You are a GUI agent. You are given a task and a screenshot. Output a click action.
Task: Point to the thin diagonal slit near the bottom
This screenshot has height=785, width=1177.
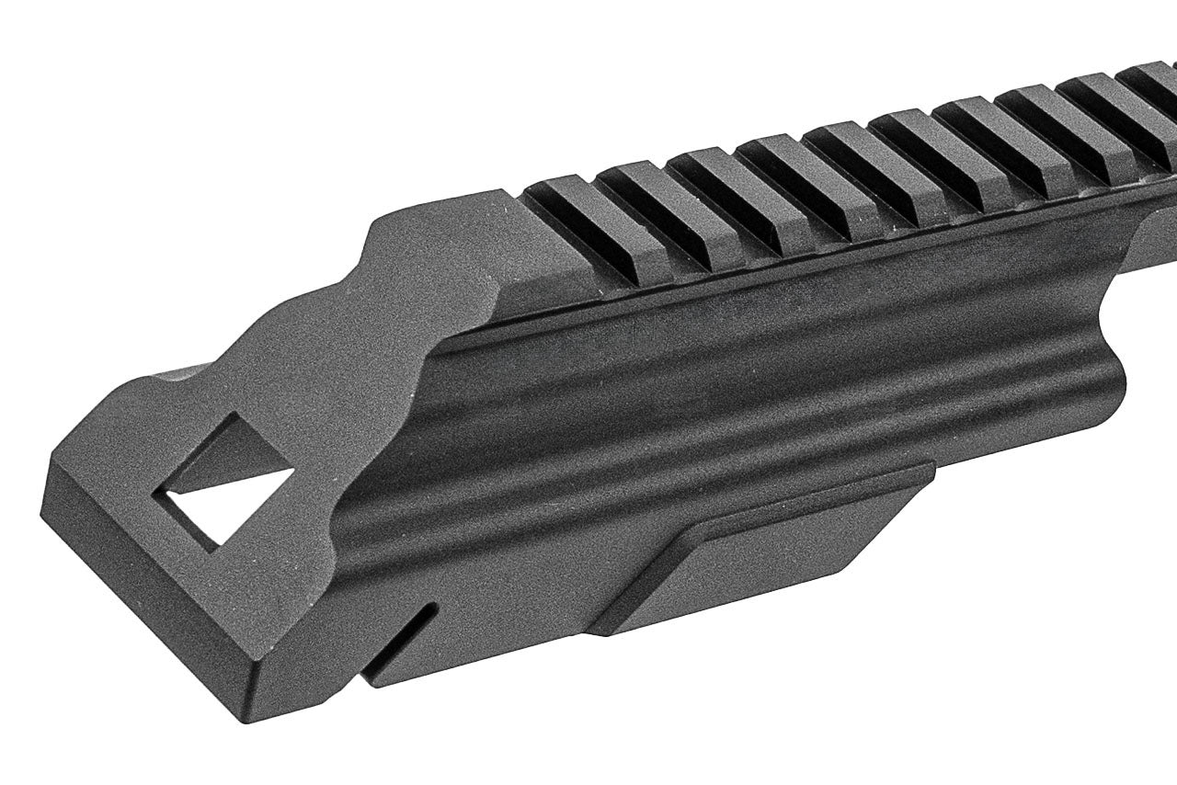[x=401, y=640]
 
